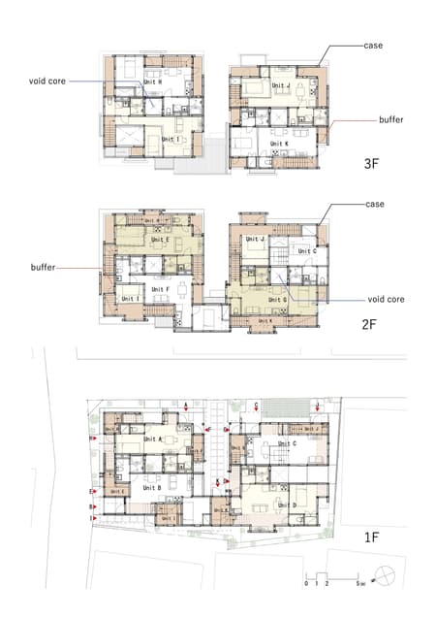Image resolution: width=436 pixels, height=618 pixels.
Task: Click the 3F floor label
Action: pos(371,164)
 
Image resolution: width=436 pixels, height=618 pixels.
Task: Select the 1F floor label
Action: pos(371,537)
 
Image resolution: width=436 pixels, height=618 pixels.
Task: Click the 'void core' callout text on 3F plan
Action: pos(47,81)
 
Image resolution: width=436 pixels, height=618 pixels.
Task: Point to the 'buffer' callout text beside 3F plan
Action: pos(392,120)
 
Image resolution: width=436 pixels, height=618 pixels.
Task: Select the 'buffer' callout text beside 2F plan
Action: pos(43,264)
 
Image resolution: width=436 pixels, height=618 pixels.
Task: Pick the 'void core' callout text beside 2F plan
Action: pos(385,300)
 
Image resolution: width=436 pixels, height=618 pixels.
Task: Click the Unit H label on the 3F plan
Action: pos(152,83)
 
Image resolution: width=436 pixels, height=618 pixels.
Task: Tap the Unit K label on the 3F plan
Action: pos(278,145)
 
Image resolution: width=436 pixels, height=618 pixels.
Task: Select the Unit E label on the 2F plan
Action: pos(160,240)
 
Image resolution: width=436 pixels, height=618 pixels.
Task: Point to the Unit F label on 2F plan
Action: pos(161,288)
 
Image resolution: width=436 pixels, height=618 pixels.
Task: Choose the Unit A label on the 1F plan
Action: pos(152,439)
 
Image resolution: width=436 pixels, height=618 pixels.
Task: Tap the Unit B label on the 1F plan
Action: pos(152,487)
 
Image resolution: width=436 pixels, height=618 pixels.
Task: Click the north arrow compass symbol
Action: pos(388,576)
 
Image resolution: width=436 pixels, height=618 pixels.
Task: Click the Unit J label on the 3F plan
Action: pos(281,84)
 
